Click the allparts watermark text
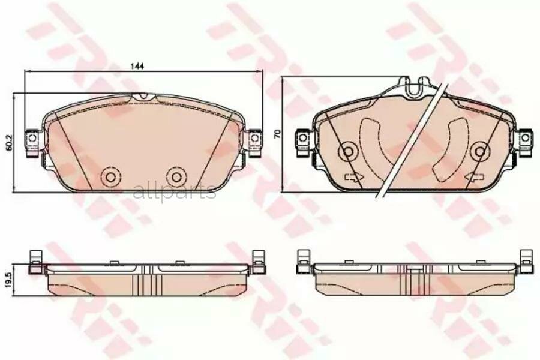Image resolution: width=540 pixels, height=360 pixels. click(174, 192)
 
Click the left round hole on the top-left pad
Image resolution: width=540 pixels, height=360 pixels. click(110, 176)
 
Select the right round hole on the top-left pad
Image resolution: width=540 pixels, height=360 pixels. click(175, 176)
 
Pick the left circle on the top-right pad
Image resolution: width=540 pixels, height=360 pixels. click(347, 152)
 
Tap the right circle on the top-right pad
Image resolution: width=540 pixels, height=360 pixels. click(479, 152)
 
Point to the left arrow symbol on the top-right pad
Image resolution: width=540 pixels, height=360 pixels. click(351, 177)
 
